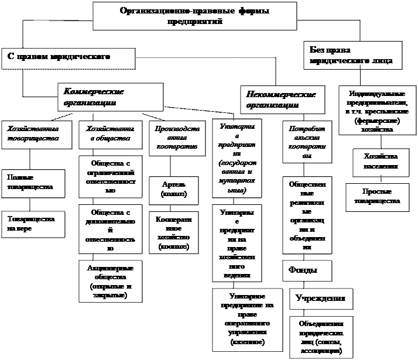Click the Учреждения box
pyautogui.click(x=321, y=299)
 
